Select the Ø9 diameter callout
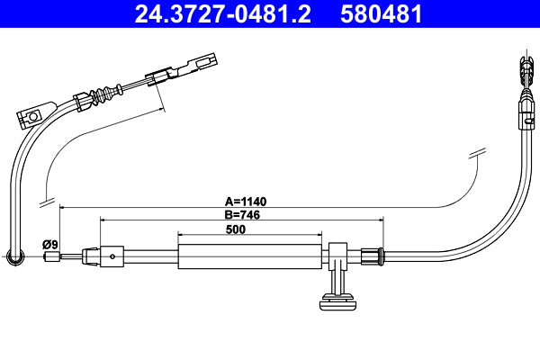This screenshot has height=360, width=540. pos(50,244)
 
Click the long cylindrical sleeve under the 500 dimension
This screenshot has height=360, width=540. pos(249,256)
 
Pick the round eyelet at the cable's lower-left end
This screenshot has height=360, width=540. pos(14,258)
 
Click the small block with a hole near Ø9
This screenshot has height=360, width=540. pos(112,256)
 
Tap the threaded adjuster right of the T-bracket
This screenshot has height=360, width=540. pos(371,256)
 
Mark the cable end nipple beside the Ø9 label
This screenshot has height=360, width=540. pos(52,256)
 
